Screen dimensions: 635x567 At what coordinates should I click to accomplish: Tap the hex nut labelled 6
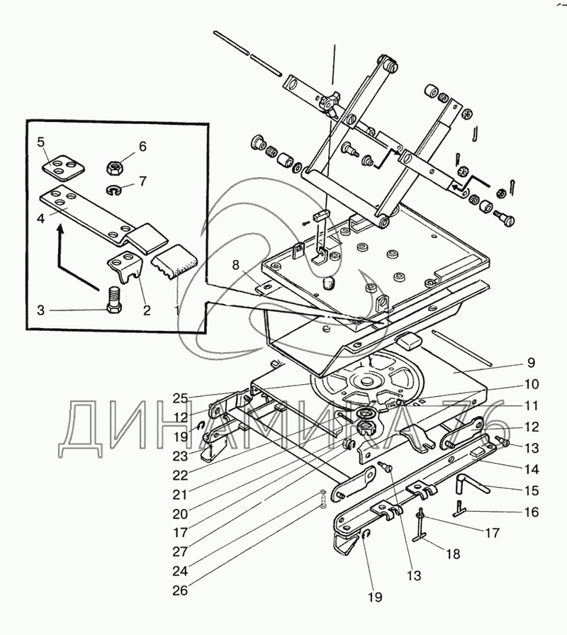(x=116, y=168)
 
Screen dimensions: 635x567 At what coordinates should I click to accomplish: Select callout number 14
(x=530, y=468)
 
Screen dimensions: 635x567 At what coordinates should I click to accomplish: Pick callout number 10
(x=530, y=385)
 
